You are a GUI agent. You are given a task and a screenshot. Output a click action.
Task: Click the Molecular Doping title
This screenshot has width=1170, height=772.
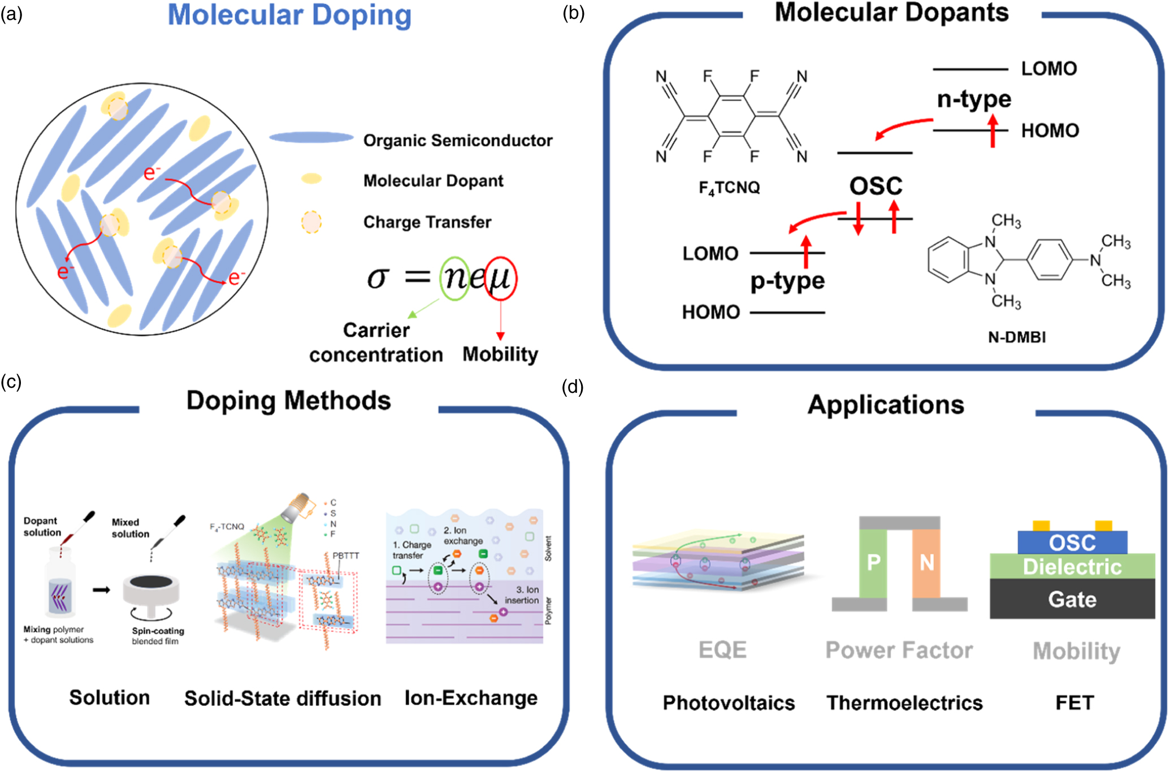tap(289, 15)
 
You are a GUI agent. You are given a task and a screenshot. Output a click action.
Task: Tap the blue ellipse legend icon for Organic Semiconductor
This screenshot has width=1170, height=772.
tap(311, 137)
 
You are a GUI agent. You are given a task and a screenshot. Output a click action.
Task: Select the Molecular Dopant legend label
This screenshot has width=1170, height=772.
tap(433, 181)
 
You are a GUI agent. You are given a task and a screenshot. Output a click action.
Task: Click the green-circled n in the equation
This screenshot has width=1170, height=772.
tap(454, 277)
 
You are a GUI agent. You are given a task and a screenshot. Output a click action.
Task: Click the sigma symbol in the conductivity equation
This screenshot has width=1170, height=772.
tap(378, 277)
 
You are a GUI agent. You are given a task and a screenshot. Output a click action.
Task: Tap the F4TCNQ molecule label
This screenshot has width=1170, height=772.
tap(729, 188)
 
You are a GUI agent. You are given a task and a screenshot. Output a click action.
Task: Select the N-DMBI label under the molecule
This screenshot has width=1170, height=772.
tap(1016, 337)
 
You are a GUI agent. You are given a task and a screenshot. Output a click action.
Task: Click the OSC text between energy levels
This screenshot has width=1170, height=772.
tap(876, 186)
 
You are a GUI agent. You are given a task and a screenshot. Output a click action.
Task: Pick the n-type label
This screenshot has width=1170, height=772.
tap(974, 99)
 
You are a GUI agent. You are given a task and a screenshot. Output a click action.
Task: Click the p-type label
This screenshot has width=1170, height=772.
tap(787, 280)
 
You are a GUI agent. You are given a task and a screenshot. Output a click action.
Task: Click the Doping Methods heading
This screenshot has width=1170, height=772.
tap(288, 401)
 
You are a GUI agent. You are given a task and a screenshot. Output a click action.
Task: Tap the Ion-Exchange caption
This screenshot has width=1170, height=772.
tap(471, 698)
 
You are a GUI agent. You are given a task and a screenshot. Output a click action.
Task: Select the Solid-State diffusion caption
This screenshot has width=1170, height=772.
tap(283, 699)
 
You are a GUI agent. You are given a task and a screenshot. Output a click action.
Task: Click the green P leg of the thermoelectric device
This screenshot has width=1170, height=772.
tap(873, 563)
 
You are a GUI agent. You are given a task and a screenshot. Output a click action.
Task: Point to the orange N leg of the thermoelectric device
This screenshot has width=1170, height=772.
tap(926, 563)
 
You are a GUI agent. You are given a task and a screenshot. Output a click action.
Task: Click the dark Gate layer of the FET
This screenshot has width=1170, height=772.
tap(1072, 599)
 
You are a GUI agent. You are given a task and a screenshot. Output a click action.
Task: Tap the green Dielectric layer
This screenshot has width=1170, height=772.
tap(1072, 567)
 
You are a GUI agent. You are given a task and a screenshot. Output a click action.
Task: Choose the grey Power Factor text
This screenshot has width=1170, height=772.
tap(899, 650)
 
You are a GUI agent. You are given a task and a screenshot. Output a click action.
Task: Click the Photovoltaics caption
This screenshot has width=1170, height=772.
tap(729, 703)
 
